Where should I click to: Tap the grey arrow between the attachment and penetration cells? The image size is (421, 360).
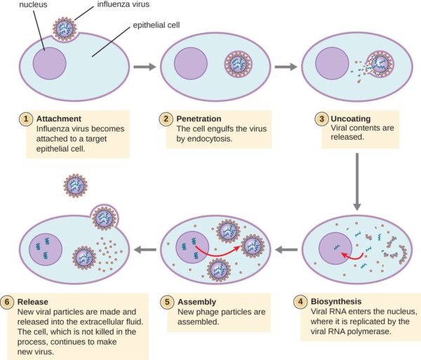pyautogui.click(x=143, y=68)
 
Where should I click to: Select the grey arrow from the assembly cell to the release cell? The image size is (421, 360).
pyautogui.click(x=145, y=249)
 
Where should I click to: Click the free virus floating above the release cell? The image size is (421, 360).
pyautogui.click(x=75, y=185)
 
